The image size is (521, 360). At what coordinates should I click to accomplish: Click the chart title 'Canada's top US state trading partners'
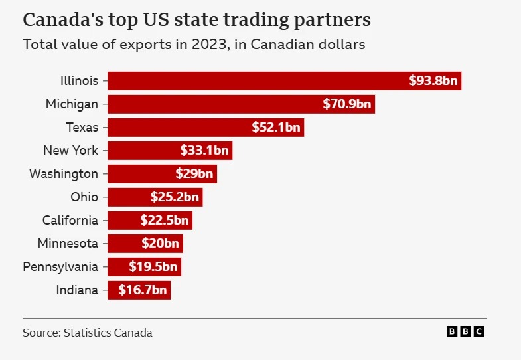tap(196, 19)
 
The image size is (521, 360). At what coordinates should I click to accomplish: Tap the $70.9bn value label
tap(348, 104)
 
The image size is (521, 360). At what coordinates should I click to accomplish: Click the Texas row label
tap(82, 128)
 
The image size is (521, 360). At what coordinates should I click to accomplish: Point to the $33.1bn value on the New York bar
tap(204, 151)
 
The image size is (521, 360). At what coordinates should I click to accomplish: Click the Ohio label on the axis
tap(84, 197)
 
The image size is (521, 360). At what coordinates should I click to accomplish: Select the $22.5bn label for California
tap(165, 221)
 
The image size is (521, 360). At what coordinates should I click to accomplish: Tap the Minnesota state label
tap(68, 244)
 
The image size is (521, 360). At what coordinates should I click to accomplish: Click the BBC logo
tap(466, 332)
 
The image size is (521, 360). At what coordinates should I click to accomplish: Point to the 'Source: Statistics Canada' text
tap(88, 333)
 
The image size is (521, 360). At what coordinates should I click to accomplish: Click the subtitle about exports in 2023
tap(194, 45)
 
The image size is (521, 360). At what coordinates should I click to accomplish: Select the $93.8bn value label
tap(433, 81)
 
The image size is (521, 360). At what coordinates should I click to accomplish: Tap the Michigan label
tap(72, 104)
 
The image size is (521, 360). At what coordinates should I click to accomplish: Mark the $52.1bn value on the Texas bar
tap(276, 128)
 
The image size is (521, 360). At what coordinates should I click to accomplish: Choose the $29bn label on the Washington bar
tap(194, 174)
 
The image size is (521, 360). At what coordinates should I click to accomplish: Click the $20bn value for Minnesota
tap(160, 244)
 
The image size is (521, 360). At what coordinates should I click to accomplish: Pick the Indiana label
tap(77, 290)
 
